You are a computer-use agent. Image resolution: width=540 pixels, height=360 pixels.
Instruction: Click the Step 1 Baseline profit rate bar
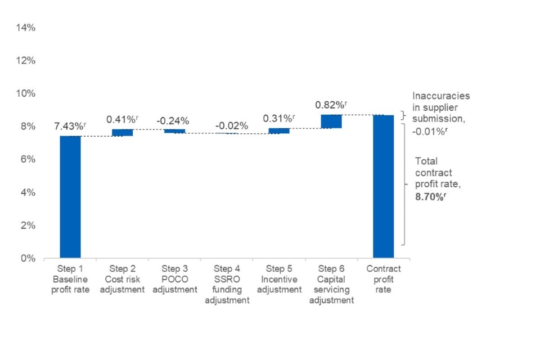pyautogui.click(x=70, y=197)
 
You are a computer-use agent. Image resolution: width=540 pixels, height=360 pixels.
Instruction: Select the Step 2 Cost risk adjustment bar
pyautogui.click(x=122, y=132)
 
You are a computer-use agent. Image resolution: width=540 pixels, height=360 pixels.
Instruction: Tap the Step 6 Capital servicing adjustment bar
pyautogui.click(x=331, y=121)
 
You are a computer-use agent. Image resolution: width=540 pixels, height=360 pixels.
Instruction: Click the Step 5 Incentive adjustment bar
pyautogui.click(x=279, y=130)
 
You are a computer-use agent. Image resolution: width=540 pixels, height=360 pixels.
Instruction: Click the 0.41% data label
pyautogui.click(x=121, y=119)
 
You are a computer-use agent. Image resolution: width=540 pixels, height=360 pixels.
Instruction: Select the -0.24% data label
pyautogui.click(x=173, y=120)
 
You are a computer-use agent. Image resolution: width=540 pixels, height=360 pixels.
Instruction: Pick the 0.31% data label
pyautogui.click(x=278, y=119)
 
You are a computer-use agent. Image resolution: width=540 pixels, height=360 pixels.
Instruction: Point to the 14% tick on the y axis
pyautogui.click(x=28, y=28)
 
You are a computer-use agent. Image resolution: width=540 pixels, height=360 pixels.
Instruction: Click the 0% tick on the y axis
pyautogui.click(x=30, y=259)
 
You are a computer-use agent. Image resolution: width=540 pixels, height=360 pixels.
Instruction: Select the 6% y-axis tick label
pyautogui.click(x=30, y=159)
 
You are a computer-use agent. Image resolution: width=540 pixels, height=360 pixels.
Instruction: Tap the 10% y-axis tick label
pyautogui.click(x=28, y=93)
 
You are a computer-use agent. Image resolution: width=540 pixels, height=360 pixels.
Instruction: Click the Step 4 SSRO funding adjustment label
pyautogui.click(x=227, y=285)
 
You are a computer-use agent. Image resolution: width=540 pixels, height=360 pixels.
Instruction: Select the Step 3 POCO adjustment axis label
pyautogui.click(x=175, y=280)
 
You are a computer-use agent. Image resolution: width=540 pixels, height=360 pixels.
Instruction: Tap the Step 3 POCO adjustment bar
pyautogui.click(x=174, y=131)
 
